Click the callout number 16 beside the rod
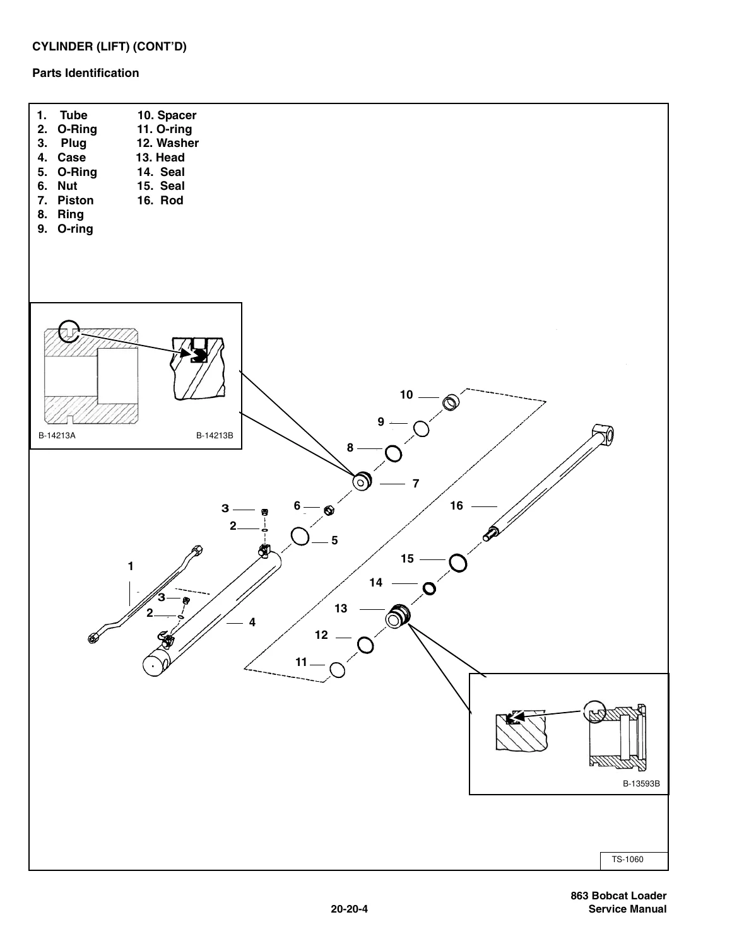456,505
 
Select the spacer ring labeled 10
451,402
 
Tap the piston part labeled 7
362,481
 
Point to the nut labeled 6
329,510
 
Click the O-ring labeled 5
300,536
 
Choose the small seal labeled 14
429,588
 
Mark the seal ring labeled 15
458,563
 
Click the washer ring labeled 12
365,645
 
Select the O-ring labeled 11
337,670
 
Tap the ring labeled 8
393,454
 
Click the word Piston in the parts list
75,201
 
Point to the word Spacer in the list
176,115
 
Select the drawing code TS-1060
627,859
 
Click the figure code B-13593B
641,784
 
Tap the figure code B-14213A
57,435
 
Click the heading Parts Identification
86,73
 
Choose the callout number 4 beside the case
252,622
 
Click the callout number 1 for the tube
130,566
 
